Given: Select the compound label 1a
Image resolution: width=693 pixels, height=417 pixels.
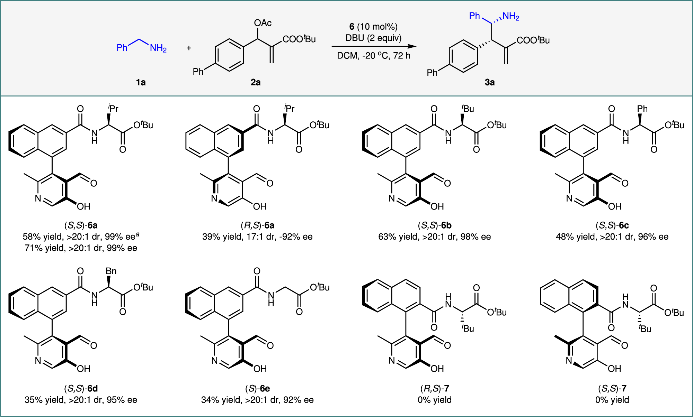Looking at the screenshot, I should pos(141,82).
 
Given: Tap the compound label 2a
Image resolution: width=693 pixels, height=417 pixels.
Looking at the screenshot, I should pos(256,82).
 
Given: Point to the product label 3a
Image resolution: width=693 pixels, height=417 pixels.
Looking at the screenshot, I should pos(489,82).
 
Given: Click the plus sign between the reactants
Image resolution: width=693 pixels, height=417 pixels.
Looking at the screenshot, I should pos(189,48).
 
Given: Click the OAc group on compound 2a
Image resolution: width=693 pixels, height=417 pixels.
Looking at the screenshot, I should pos(263,23).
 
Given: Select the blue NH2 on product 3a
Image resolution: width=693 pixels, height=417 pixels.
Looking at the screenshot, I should pos(511,16).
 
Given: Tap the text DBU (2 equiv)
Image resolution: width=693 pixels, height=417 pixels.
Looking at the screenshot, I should pos(373,38).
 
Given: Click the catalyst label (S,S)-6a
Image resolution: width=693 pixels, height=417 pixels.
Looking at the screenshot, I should pos(81,225).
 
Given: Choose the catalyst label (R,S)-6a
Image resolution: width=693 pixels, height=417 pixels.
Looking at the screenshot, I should pos(257,225).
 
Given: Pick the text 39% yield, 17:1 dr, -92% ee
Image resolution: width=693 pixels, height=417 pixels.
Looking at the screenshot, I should pos(257,237).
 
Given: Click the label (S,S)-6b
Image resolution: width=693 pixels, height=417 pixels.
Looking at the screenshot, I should pos(435,225).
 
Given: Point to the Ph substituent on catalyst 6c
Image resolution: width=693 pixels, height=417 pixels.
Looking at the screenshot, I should pos(642,109).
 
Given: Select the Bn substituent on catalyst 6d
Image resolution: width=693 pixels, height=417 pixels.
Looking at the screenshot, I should pos(111,271).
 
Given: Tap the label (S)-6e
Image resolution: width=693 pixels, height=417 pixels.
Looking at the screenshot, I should pos(257,389).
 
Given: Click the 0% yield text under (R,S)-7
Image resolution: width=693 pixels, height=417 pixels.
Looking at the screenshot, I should pos(435,400).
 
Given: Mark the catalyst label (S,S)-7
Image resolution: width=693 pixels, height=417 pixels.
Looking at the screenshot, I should pos(612,389).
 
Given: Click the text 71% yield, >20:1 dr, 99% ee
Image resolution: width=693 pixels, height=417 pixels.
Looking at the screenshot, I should pos(81,248).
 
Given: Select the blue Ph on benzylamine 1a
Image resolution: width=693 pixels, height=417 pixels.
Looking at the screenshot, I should pos(122,48).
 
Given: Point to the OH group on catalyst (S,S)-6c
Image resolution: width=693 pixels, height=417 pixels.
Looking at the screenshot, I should pos(614,207).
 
